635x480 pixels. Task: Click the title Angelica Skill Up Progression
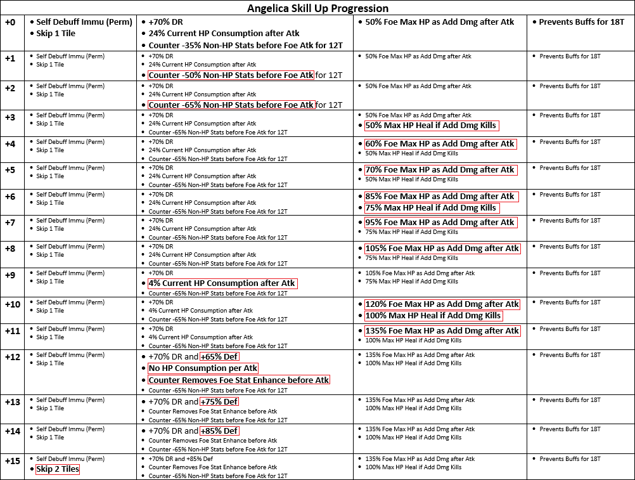(317, 8)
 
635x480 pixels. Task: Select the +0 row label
(10, 22)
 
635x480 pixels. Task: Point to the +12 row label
(12, 356)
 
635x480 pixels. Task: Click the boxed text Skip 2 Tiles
(58, 469)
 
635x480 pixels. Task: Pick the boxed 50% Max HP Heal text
(431, 126)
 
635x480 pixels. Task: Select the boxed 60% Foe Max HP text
(440, 144)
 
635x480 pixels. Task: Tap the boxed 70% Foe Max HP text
(440, 170)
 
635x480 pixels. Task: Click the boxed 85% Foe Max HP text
(440, 197)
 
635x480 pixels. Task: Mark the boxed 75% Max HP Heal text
(431, 208)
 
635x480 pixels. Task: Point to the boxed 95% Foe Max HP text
(440, 223)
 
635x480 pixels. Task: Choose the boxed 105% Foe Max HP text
(442, 249)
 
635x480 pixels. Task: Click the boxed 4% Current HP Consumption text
(222, 283)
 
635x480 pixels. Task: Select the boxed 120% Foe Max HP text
(442, 304)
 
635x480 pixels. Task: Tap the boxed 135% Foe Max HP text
(442, 330)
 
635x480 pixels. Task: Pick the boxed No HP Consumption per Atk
(203, 368)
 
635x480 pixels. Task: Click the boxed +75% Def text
(219, 401)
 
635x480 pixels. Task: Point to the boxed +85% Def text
(219, 431)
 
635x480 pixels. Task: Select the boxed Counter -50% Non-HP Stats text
(231, 75)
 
